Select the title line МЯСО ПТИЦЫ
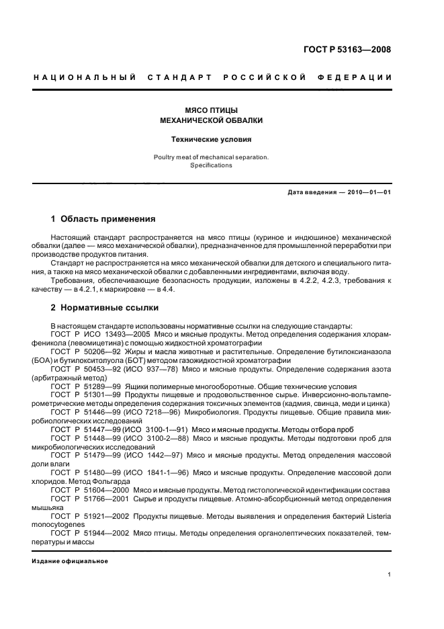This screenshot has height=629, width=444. click(212, 110)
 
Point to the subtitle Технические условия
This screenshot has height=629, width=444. click(212, 140)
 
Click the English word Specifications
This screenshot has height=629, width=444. click(212, 165)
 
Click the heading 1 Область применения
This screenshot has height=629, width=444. click(103, 219)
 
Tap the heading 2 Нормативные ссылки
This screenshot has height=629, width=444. click(105, 308)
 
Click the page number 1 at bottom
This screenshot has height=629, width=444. click(390, 575)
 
